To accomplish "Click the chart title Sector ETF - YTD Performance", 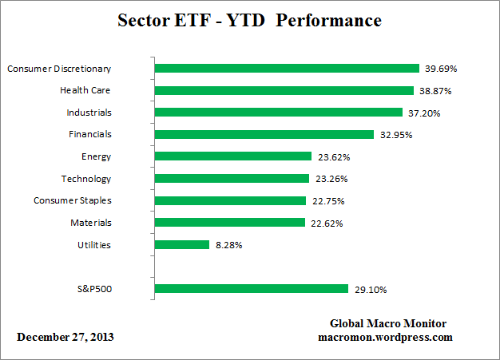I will (249, 20).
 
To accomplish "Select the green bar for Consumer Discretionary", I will (287, 69).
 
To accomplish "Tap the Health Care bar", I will (284, 90).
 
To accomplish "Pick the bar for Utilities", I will (181, 245).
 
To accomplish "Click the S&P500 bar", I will (251, 289).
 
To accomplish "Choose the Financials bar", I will (264, 135).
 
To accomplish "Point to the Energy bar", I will (232, 156).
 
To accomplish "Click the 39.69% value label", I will (440, 69).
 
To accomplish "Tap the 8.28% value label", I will (228, 245).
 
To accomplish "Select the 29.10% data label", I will (369, 289).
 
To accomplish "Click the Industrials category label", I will (89, 113).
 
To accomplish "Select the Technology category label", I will (86, 179).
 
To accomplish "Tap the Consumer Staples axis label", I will (73, 200).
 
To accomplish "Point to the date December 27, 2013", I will (65, 337).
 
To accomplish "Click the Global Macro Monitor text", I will (388, 323).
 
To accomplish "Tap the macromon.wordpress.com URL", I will (386, 337).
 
